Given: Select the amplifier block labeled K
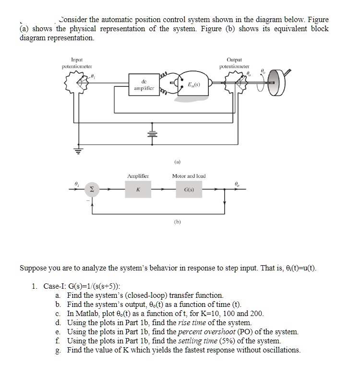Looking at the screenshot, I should (x=138, y=190).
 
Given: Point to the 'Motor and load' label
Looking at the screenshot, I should (x=189, y=176).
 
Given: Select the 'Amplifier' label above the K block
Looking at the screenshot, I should (x=138, y=176).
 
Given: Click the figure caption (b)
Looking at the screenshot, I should (x=178, y=222).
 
